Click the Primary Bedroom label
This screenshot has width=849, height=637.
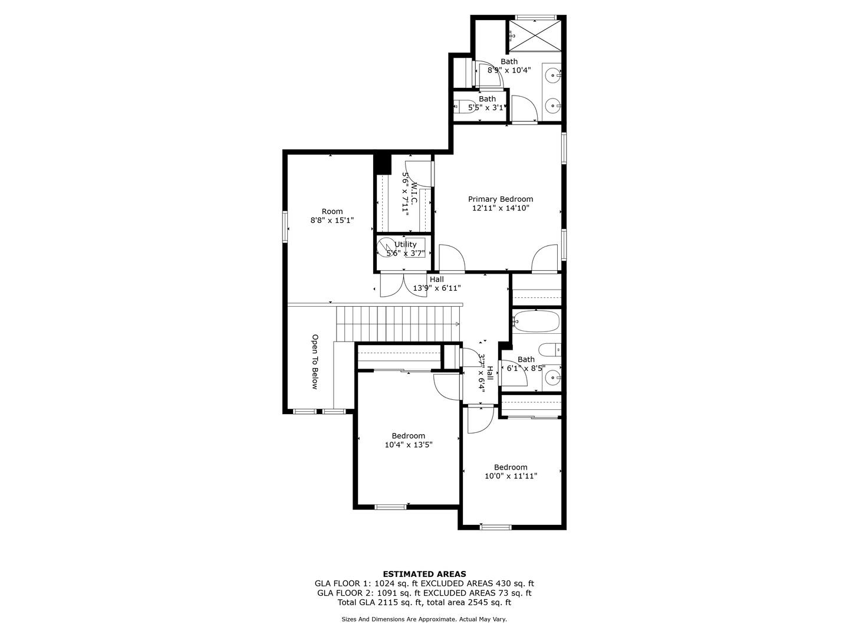tap(500, 199)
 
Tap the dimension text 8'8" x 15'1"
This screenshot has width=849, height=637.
tap(332, 221)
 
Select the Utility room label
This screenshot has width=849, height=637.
tap(406, 244)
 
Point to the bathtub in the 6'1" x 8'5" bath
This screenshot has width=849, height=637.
tap(535, 322)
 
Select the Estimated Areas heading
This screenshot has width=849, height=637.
tap(424, 574)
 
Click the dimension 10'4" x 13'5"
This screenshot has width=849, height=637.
tap(409, 445)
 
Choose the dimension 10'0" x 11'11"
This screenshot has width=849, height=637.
tap(511, 476)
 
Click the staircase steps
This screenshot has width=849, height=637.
tap(398, 323)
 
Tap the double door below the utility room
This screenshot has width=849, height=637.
tap(403, 284)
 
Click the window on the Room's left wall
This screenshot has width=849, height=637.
tap(285, 226)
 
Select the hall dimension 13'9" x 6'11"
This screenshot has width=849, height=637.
tap(437, 288)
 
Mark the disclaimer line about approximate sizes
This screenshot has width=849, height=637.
tap(424, 619)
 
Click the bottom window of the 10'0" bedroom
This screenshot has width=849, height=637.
tap(495, 527)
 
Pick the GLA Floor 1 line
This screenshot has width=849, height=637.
tap(424, 583)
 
